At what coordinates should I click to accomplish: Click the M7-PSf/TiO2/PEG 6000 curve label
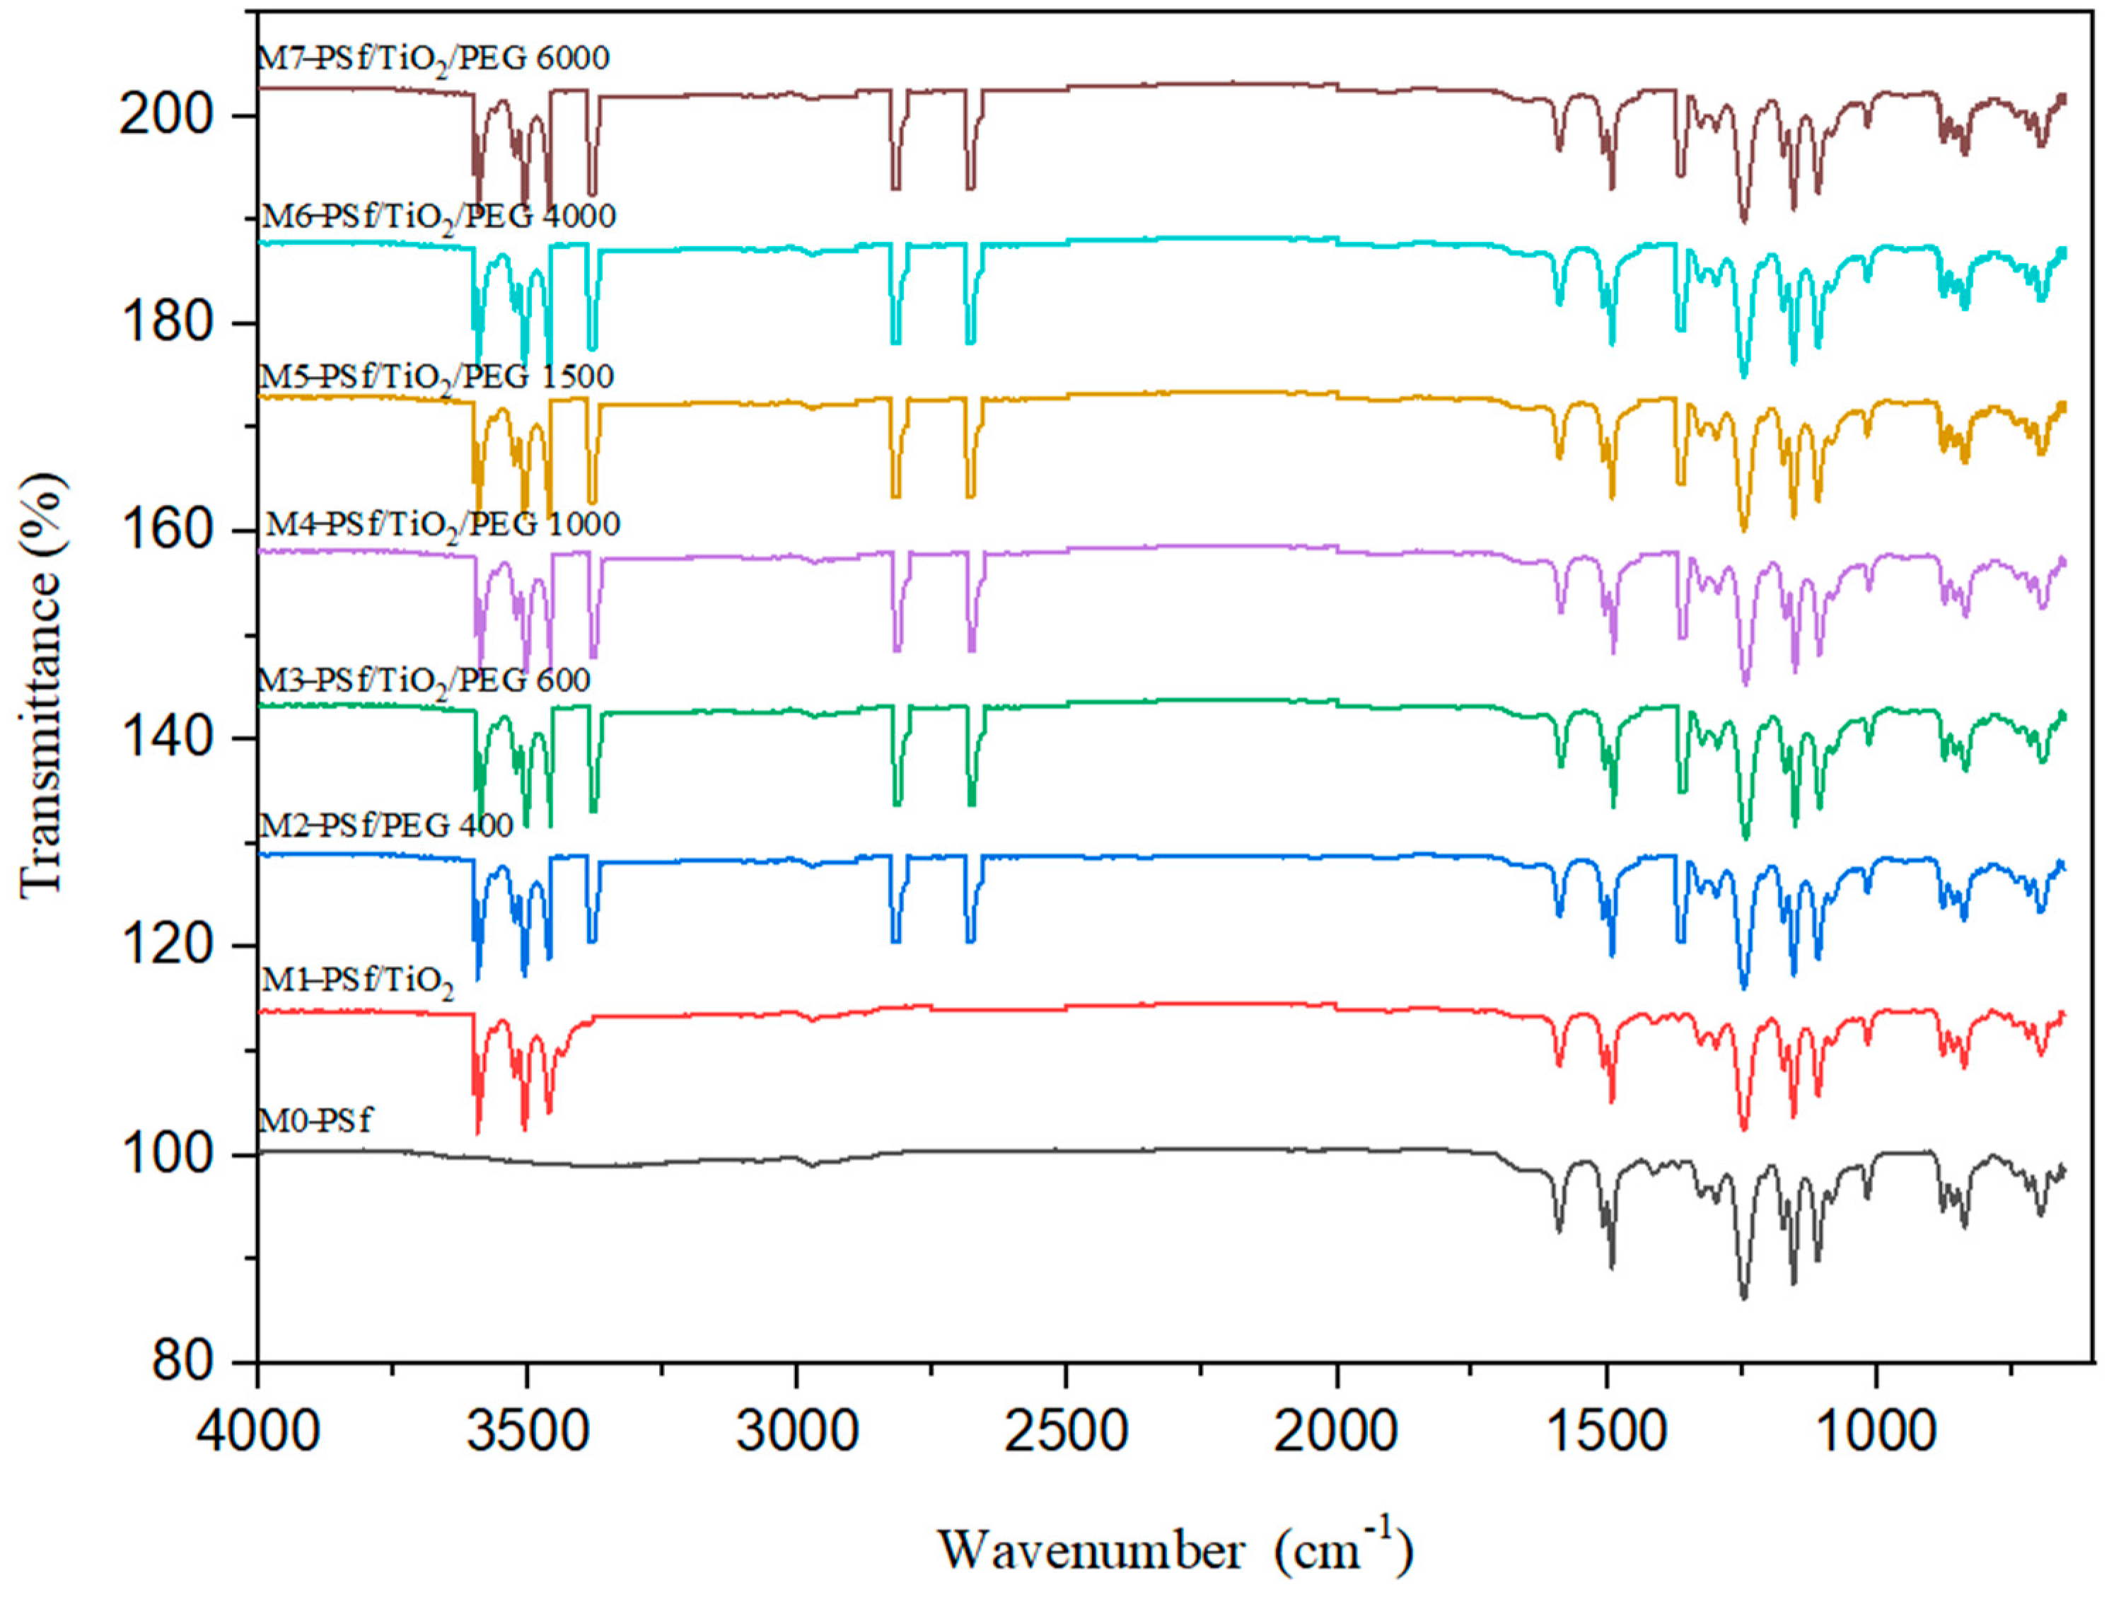[434, 59]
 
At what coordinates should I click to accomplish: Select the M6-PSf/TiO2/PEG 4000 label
[438, 217]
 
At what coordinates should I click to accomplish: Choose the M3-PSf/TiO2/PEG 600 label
[424, 681]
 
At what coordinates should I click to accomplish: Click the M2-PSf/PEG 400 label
[386, 825]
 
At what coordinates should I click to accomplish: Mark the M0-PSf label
[315, 1120]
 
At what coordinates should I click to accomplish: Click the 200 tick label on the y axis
[165, 116]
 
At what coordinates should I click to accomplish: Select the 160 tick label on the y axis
[165, 531]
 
